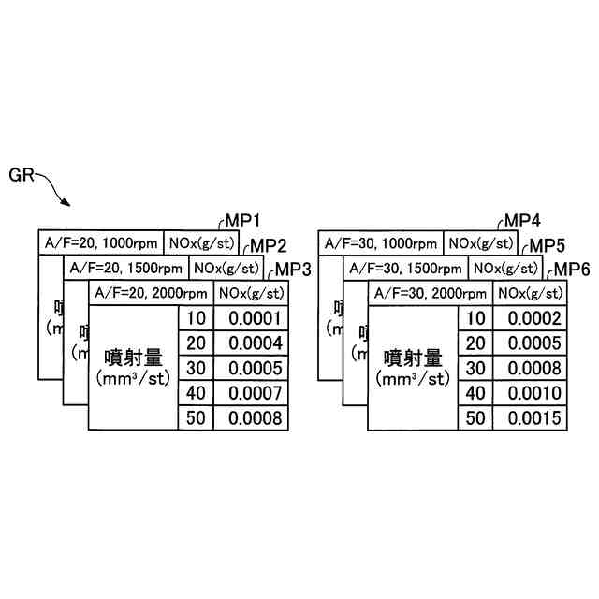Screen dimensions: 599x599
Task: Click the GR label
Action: tap(22, 174)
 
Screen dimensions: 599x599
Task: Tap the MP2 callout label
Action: tap(269, 246)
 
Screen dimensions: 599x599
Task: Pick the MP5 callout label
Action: tap(548, 246)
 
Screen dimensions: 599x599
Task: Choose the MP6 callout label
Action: tap(570, 270)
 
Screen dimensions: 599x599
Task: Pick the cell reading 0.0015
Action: tap(531, 417)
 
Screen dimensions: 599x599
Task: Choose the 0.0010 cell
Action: tap(531, 393)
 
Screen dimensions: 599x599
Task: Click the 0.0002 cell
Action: tap(531, 318)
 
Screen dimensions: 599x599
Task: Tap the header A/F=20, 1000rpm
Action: tap(101, 243)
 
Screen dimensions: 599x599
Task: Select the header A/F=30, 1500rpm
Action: tap(407, 268)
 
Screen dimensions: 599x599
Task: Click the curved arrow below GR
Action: tap(56, 192)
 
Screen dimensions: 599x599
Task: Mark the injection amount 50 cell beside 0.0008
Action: tap(196, 417)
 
